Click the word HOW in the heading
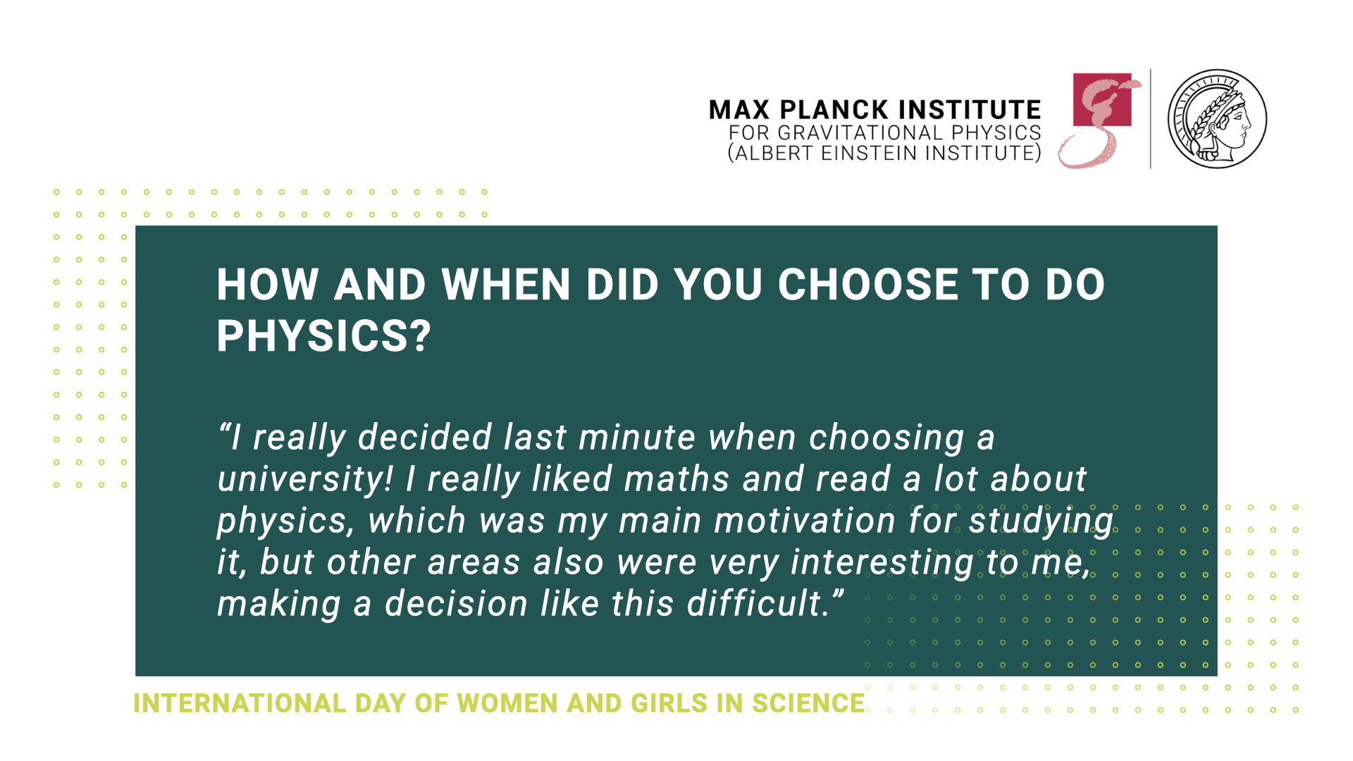(268, 285)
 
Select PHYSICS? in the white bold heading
(323, 336)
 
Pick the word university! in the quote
(305, 480)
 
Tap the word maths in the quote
(676, 479)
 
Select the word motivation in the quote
(805, 521)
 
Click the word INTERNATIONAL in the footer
(240, 703)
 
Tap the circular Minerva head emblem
(1217, 119)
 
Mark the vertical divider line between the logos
(1151, 119)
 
